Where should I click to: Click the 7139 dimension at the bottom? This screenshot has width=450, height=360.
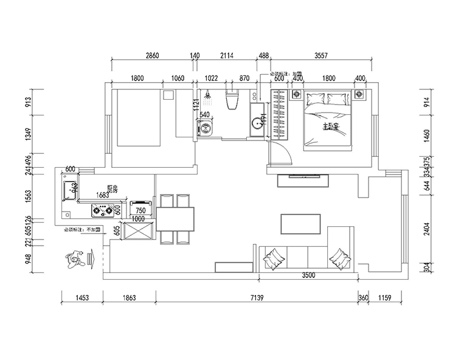256,298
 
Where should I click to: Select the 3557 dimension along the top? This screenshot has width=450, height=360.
321,55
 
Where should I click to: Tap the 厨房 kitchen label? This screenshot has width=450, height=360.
112,189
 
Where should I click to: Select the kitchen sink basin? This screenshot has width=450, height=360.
66,190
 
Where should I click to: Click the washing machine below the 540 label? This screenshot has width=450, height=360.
204,128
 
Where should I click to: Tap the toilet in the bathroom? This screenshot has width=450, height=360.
232,100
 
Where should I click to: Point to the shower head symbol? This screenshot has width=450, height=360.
209,95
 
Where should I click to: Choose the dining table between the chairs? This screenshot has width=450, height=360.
175,219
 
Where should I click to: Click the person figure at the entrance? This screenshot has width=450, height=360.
75,259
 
